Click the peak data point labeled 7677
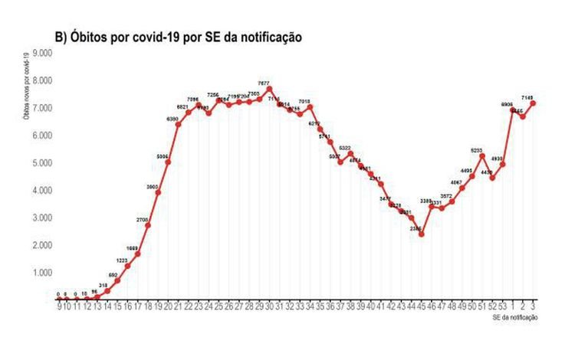click(x=269, y=89)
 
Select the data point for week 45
click(x=421, y=234)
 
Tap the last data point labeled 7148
click(x=533, y=103)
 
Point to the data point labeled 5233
click(x=482, y=156)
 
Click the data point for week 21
click(x=178, y=124)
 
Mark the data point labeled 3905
click(x=157, y=191)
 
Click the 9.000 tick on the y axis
click(x=40, y=53)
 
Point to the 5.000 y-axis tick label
click(x=40, y=163)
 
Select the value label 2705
click(x=143, y=220)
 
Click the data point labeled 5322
click(x=350, y=153)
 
